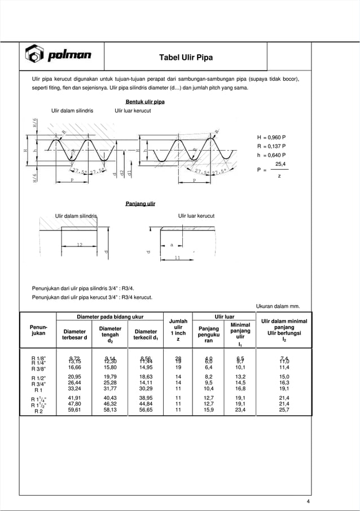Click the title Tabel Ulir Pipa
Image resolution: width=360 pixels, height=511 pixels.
186,58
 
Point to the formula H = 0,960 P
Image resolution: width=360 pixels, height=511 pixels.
271,137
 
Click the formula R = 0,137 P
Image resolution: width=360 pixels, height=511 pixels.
271,146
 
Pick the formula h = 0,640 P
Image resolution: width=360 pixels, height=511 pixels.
271,155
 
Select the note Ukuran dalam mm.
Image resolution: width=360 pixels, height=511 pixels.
278,306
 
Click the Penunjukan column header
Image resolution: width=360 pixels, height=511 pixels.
38,330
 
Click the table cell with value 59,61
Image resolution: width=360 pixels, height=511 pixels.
74,411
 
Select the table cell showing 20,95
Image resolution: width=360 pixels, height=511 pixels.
74,376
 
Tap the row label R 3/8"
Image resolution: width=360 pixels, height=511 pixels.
39,367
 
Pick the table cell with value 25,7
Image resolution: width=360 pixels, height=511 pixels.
284,411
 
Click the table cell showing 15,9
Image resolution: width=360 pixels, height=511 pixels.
208,411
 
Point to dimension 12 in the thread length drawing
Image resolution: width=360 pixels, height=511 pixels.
81,245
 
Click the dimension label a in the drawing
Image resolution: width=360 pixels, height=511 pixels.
171,245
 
